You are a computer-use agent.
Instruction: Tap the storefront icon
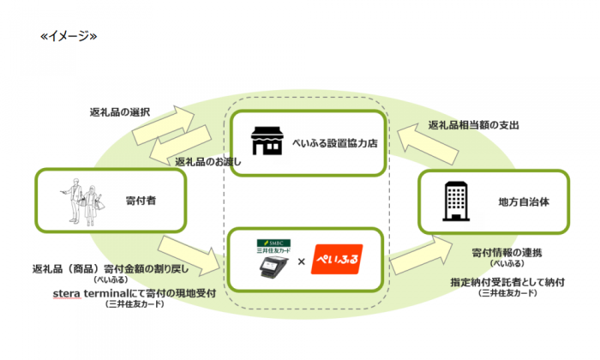267,142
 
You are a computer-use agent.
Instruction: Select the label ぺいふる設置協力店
336,143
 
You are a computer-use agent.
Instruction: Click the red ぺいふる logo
336,257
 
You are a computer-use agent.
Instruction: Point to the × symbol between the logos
301,260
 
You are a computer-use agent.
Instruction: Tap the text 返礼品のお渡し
203,162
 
